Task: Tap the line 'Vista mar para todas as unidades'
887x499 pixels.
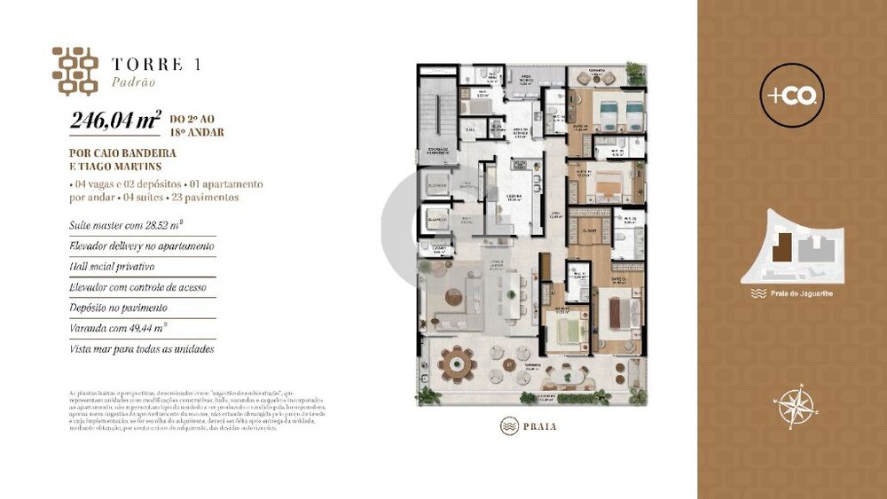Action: [x=142, y=349]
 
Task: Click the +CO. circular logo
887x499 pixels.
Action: [x=792, y=93]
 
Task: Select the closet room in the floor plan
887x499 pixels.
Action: [x=586, y=232]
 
